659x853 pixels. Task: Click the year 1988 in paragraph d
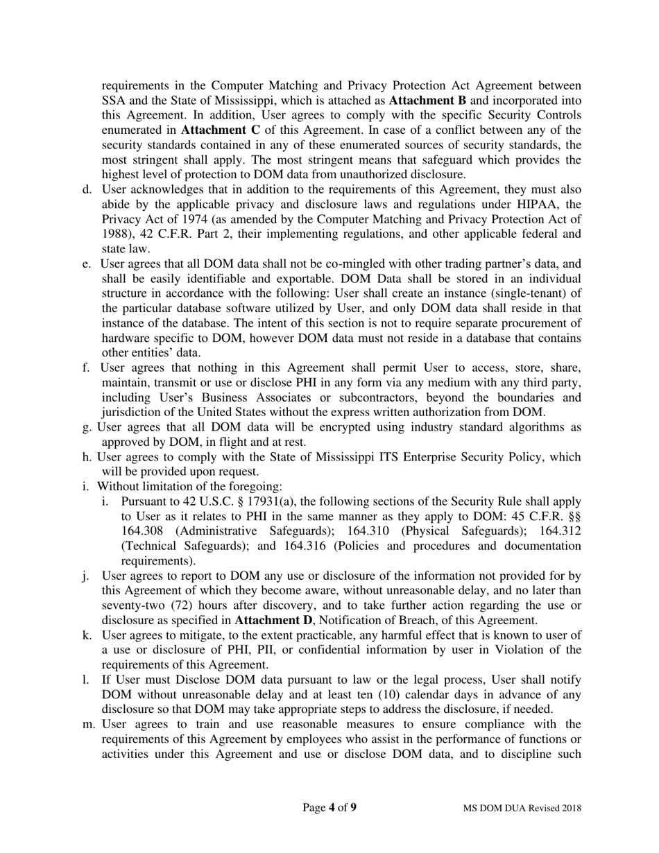(115, 234)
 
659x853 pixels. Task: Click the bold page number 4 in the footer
(332, 807)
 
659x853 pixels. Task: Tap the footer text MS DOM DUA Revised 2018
(522, 808)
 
